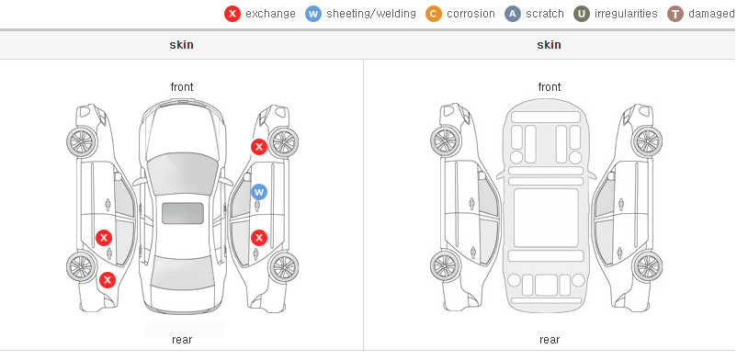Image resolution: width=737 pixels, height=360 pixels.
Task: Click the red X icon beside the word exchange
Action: [x=232, y=14]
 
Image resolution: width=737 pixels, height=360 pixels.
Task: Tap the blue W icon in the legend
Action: [x=313, y=14]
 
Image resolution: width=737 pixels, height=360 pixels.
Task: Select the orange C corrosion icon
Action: [x=434, y=14]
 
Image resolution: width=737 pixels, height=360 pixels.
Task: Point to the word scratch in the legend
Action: [x=545, y=14]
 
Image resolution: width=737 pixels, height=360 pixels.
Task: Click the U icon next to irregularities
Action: [x=582, y=14]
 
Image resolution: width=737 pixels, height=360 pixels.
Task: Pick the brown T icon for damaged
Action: [x=675, y=14]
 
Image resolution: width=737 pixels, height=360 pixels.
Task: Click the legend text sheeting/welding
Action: [x=371, y=14]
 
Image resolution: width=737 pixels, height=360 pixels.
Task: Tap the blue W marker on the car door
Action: [x=259, y=192]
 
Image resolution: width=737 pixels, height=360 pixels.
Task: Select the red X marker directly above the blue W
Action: [x=258, y=147]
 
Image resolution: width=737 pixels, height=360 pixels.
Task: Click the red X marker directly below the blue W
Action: [x=259, y=238]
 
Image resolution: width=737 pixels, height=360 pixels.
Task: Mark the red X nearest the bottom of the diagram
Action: [x=108, y=280]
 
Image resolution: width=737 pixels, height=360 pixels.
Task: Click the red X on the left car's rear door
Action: [x=104, y=238]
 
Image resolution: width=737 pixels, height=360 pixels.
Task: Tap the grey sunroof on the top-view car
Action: [x=183, y=213]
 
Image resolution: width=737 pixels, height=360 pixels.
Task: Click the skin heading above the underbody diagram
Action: [x=549, y=45]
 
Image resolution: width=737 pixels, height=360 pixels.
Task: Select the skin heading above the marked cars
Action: [x=181, y=45]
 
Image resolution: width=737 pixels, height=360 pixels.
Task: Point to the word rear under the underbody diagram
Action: [x=550, y=339]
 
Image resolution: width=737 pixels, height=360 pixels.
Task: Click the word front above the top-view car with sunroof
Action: [x=182, y=87]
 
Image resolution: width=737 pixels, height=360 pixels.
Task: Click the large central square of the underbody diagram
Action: [x=546, y=218]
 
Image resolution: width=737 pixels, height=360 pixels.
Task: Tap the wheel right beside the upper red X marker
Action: [x=283, y=142]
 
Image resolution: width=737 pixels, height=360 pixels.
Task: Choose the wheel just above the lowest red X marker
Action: [x=82, y=266]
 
